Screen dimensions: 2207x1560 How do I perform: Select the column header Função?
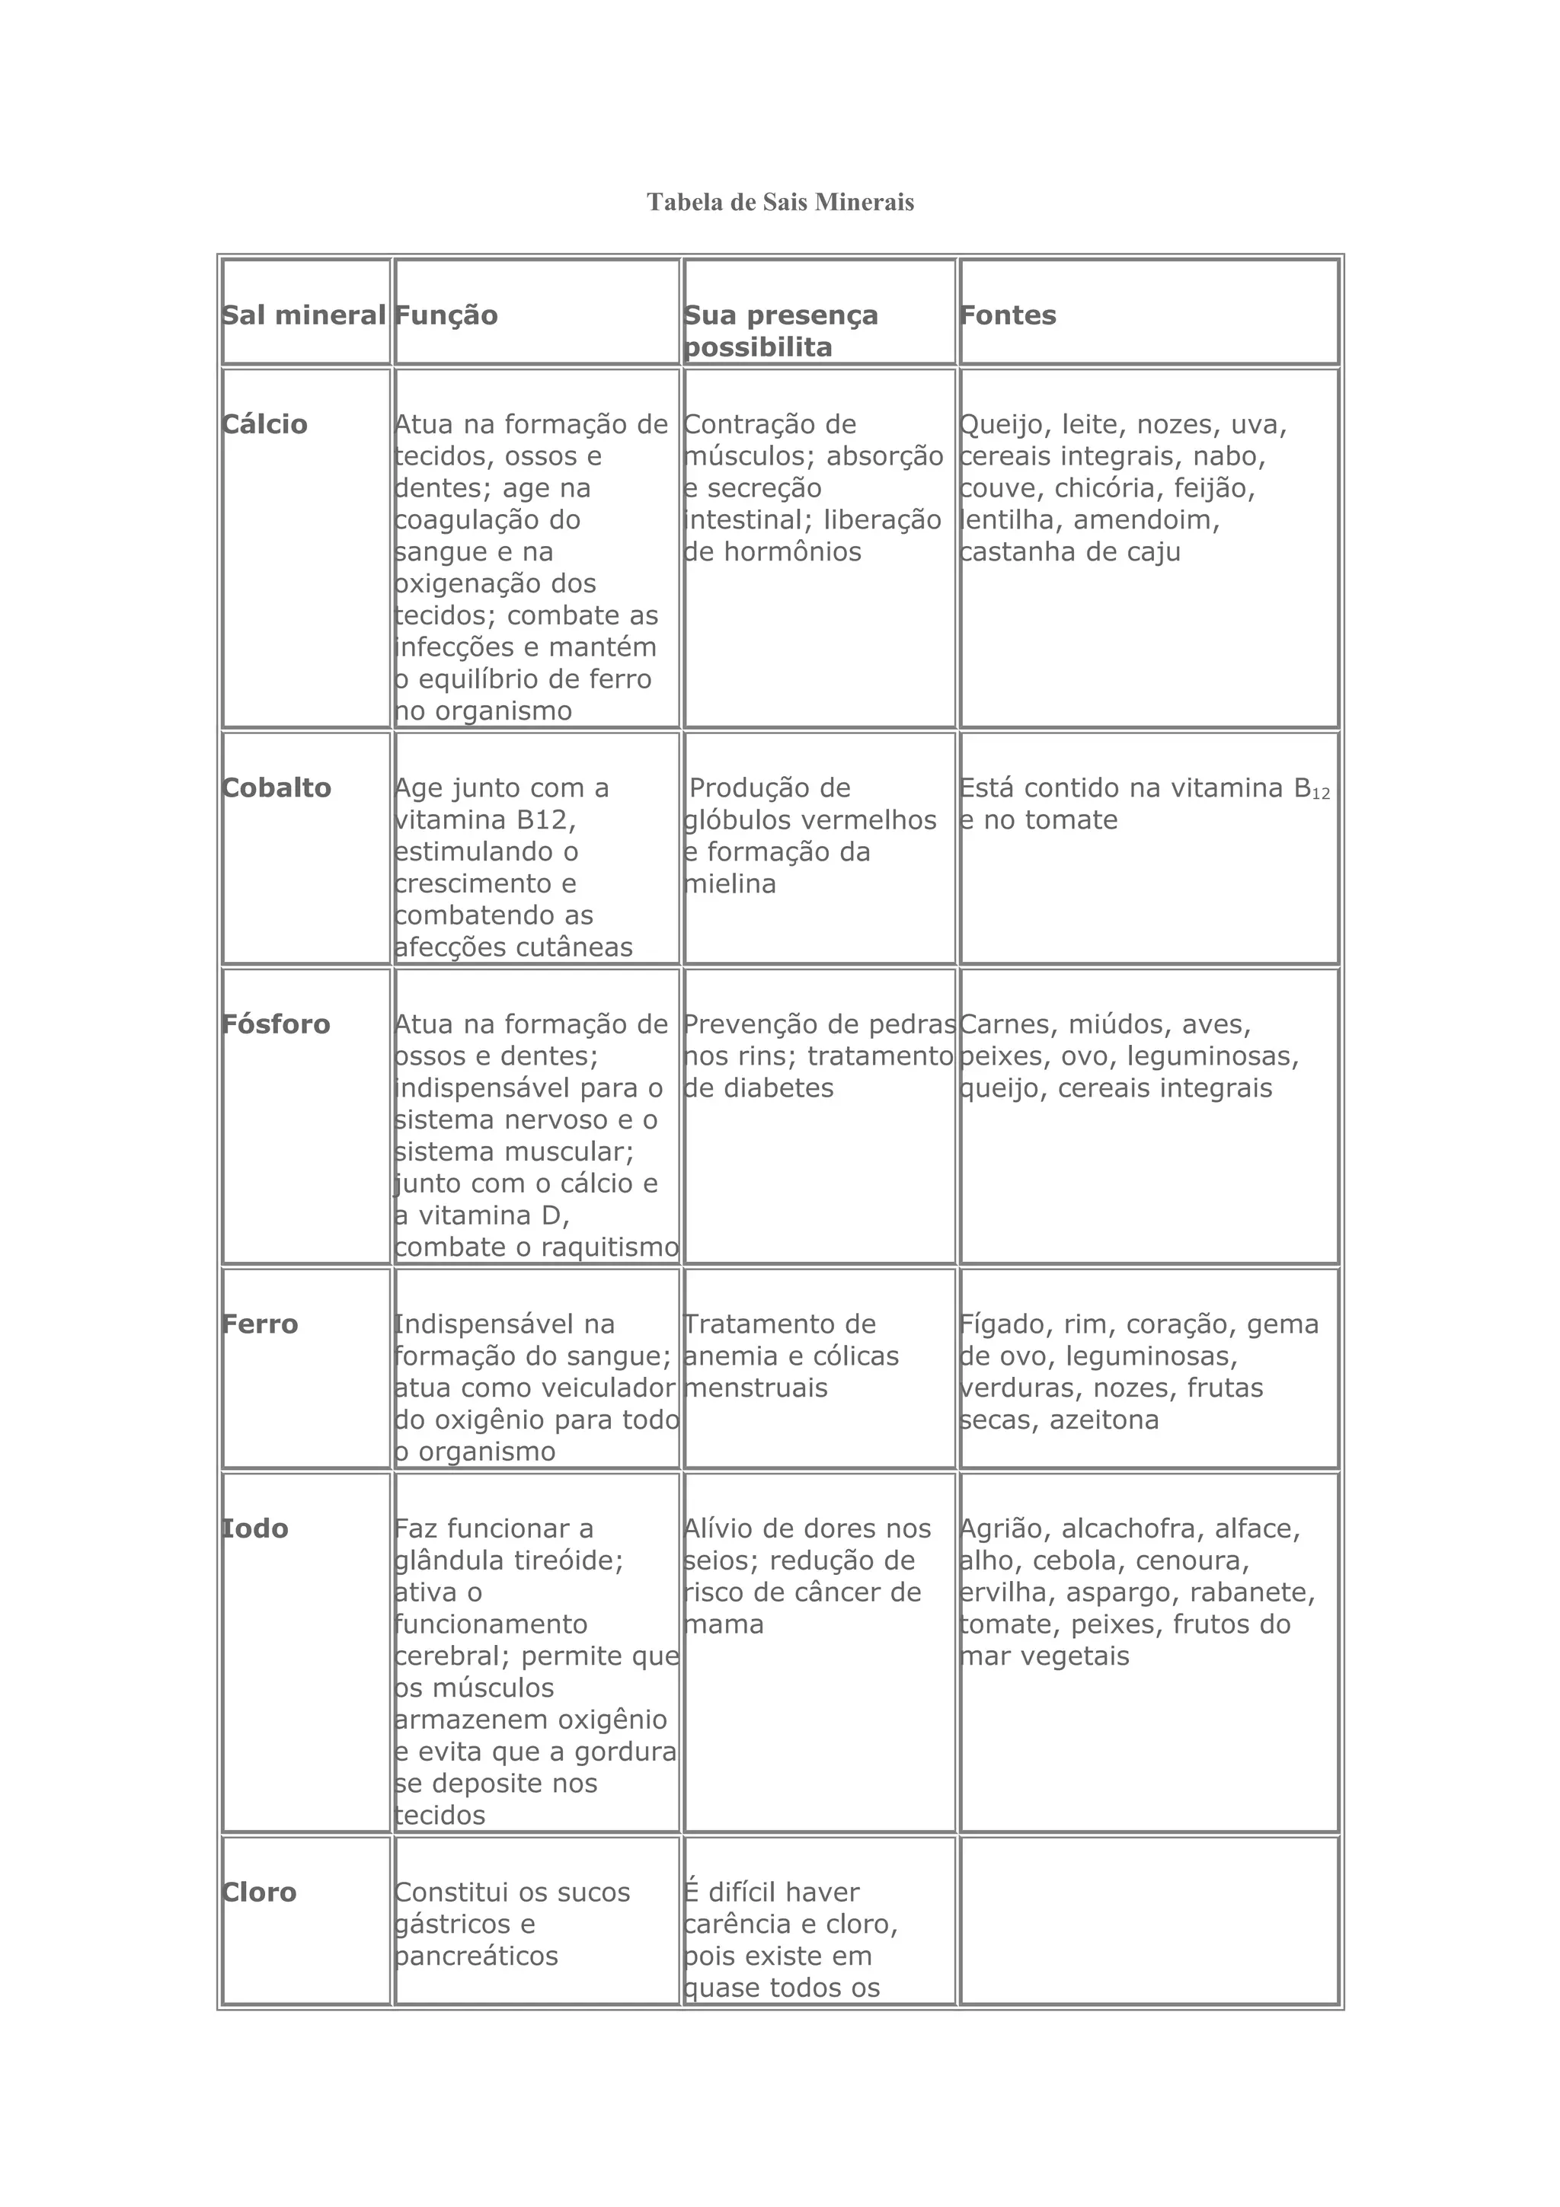coord(446,315)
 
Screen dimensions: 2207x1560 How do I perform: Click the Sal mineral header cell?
coord(304,315)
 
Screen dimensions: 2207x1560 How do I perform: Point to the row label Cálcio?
coord(264,425)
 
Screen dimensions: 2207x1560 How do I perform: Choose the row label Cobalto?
coord(276,788)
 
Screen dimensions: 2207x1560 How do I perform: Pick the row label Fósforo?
coord(276,1025)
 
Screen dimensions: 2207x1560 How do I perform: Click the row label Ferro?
coord(260,1324)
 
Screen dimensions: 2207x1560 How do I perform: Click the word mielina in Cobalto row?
coord(730,884)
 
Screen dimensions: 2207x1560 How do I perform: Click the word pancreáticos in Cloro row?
coord(476,1956)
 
